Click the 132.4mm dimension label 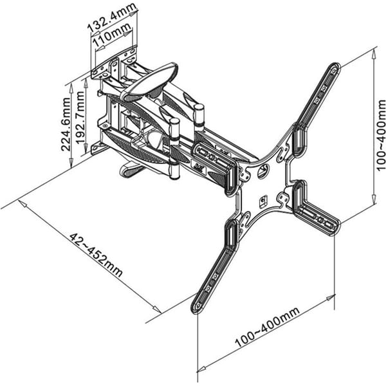point(111,17)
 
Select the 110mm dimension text point(112,36)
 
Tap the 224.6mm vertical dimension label point(66,125)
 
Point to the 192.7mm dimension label point(80,118)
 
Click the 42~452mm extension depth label point(95,255)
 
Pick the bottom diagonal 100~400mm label point(268,327)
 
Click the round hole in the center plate point(263,170)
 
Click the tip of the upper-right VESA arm point(335,68)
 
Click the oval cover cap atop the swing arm point(149,81)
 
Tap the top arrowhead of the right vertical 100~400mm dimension point(374,53)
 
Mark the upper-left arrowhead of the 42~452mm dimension point(22,121)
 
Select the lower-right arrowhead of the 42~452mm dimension point(157,309)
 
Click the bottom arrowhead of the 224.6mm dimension point(71,163)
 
